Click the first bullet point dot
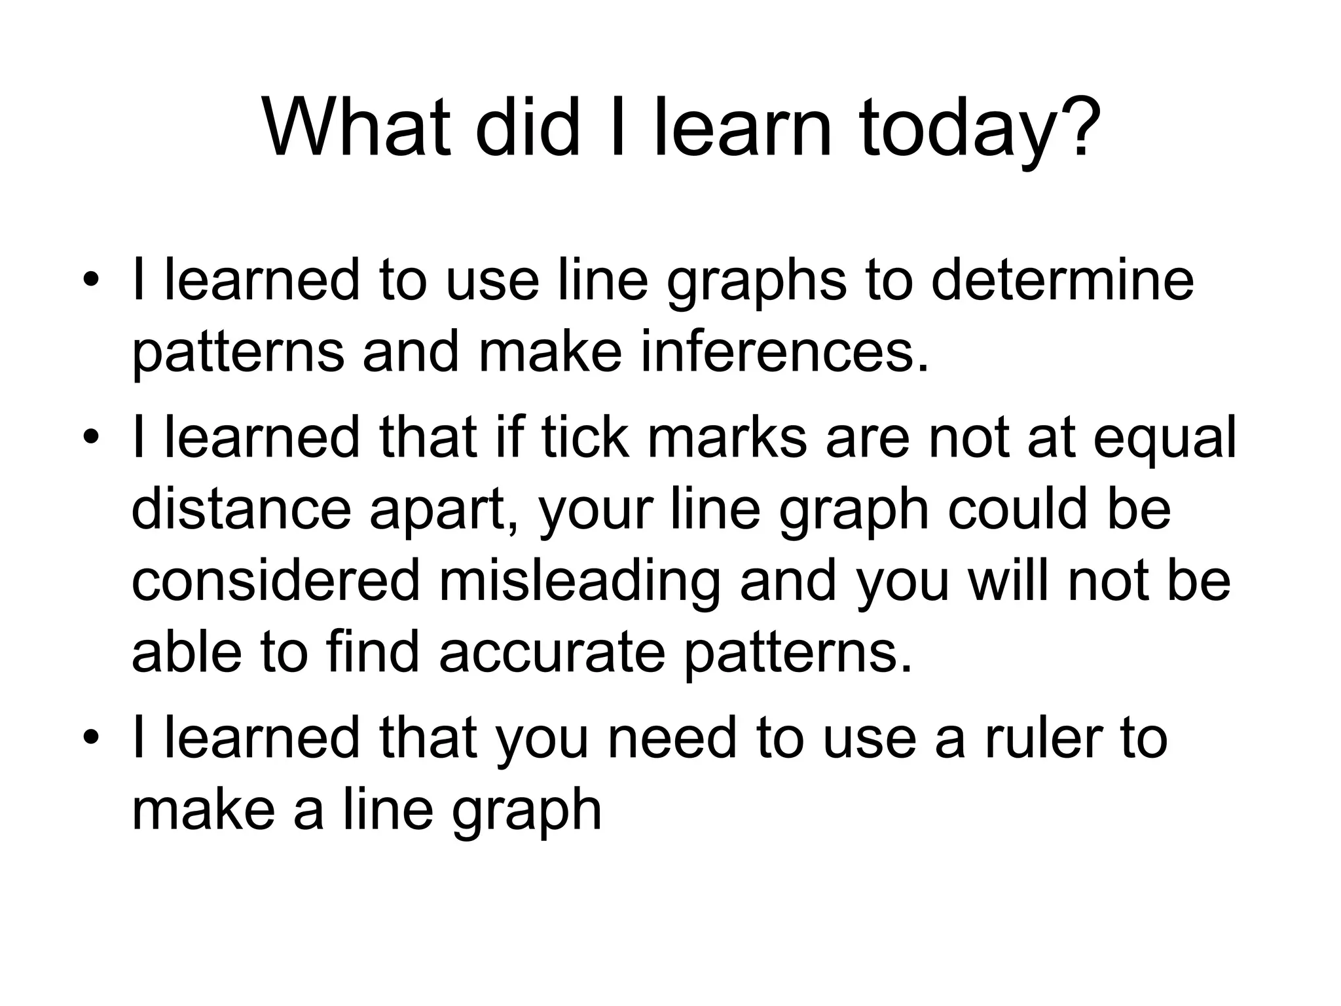click(92, 280)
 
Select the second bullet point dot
click(92, 437)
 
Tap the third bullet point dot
click(92, 737)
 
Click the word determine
click(1062, 280)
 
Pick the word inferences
click(784, 352)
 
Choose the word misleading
click(579, 582)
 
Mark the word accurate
click(552, 654)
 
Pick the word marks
click(727, 437)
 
